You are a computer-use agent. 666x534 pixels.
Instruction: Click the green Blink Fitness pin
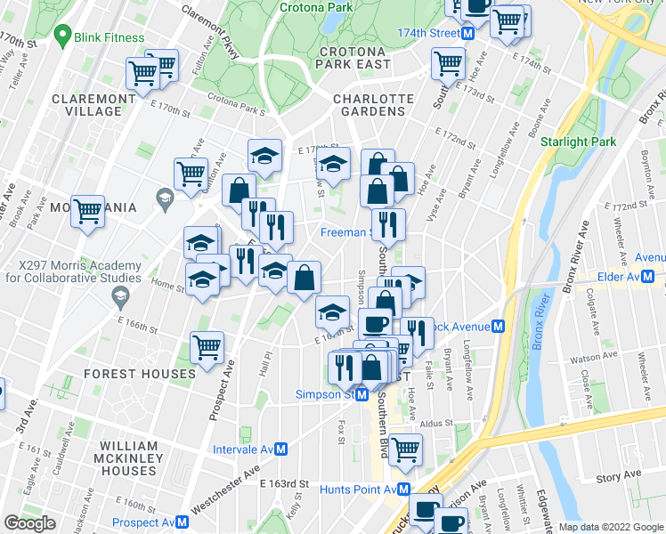[x=62, y=36]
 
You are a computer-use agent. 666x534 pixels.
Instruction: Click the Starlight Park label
[x=578, y=142]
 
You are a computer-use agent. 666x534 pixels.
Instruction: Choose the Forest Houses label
[x=140, y=374]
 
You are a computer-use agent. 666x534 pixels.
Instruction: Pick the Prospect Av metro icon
[x=182, y=522]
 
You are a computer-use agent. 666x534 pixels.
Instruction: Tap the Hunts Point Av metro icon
[x=403, y=489]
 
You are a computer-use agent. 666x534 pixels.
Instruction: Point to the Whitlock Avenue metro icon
[x=499, y=327]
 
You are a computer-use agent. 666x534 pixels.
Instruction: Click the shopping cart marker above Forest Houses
[x=207, y=348]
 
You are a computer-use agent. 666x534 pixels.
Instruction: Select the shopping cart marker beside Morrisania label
[x=87, y=212]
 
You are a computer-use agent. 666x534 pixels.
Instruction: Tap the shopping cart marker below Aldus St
[x=405, y=450]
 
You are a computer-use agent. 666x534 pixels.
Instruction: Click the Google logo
[x=30, y=523]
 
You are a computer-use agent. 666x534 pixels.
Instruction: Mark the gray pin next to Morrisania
[x=164, y=197]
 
